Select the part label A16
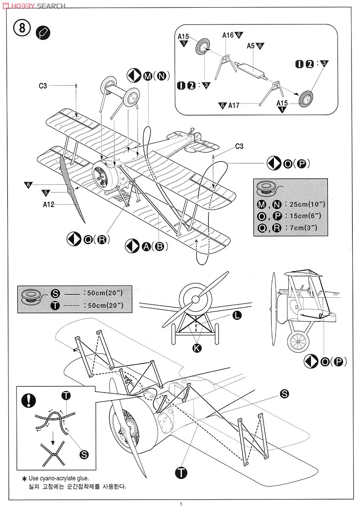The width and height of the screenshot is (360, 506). (x=228, y=35)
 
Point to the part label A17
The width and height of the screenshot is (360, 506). (x=234, y=105)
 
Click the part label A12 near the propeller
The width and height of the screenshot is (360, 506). (x=49, y=205)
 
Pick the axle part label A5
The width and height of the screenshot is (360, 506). (x=251, y=46)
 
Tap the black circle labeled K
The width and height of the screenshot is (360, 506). (x=197, y=347)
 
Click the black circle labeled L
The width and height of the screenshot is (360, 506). (x=237, y=315)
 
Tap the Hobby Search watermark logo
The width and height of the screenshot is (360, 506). (x=34, y=5)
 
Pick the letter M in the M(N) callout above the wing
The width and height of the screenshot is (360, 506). (x=148, y=76)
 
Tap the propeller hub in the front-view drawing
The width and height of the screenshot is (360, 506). (x=195, y=299)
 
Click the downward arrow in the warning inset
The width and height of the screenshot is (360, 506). (x=52, y=440)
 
